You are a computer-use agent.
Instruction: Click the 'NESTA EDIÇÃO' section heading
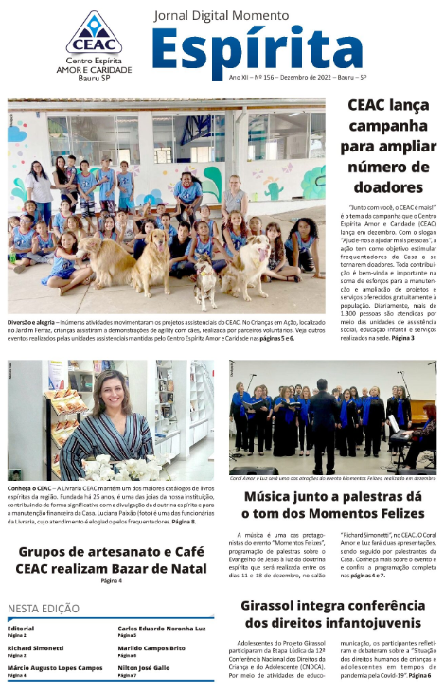(44, 609)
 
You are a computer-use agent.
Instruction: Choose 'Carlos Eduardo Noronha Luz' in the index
(161, 628)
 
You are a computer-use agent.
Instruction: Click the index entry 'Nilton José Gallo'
(143, 668)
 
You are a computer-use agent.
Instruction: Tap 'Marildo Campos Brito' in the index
(151, 647)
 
